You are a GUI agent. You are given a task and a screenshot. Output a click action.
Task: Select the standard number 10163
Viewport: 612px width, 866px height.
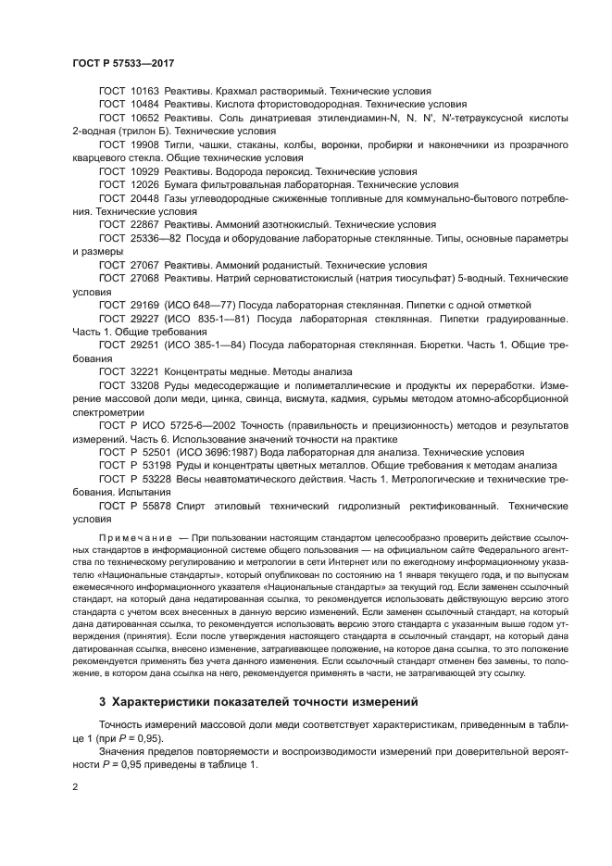[146, 92]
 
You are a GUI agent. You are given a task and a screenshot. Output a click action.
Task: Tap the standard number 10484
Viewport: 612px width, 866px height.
[146, 105]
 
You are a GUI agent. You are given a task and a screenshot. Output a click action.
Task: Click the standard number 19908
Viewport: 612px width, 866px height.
[146, 145]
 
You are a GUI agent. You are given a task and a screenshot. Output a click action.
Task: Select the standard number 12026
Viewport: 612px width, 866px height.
[146, 185]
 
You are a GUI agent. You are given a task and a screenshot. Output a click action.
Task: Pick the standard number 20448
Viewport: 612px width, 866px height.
[146, 198]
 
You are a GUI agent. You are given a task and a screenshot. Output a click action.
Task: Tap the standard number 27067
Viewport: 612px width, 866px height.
[146, 265]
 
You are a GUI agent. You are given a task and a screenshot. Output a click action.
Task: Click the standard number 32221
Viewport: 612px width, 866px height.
[146, 371]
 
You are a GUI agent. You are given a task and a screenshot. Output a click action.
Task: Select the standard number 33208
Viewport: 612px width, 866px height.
[146, 385]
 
